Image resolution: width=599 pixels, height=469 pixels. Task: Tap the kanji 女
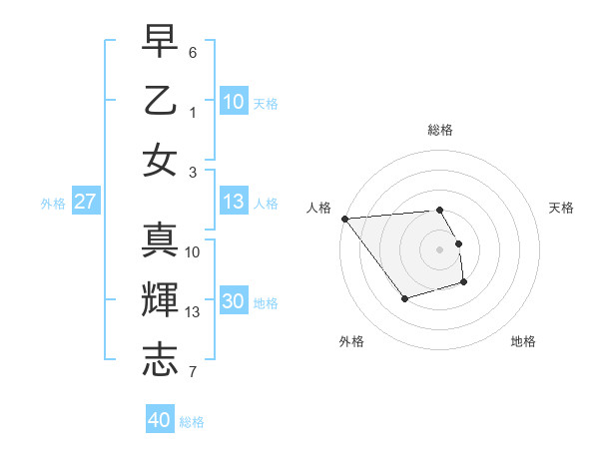[x=160, y=162]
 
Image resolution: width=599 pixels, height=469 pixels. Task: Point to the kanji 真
[x=160, y=239]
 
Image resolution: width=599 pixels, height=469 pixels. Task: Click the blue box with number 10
[x=234, y=101]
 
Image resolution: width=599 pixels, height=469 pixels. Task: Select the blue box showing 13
[x=234, y=202]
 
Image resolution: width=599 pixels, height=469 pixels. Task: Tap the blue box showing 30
[x=234, y=302]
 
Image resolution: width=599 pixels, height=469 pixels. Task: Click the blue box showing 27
[x=86, y=202]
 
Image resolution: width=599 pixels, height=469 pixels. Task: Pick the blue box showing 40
[x=160, y=420]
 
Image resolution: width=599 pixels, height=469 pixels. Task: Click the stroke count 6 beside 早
[x=193, y=51]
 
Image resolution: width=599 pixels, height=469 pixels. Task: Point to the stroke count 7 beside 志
[x=193, y=373]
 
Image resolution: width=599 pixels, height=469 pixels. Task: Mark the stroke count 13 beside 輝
[x=193, y=312]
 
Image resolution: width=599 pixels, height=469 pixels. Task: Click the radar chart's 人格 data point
[x=344, y=219]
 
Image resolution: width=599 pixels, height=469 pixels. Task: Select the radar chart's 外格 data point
[x=404, y=298]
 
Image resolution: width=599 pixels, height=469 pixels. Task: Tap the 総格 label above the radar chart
[x=440, y=130]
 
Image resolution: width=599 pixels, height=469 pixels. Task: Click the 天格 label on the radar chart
[x=562, y=208]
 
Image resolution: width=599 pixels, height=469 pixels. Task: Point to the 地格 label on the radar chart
[x=523, y=341]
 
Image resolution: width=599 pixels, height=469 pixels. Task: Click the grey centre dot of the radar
[x=440, y=248]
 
